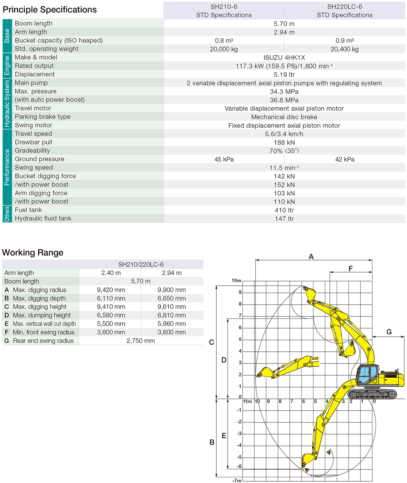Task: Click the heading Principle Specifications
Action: point(50,10)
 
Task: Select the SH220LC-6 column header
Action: point(345,7)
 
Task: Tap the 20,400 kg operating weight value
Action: point(345,49)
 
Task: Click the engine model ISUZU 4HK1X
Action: point(284,58)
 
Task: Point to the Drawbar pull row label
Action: point(34,142)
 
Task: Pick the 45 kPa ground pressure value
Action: point(224,159)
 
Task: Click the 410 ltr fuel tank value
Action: point(284,210)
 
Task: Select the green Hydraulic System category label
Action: point(7,104)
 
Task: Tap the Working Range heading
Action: point(33,253)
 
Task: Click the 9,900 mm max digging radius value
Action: point(172,290)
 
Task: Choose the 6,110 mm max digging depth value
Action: point(111,299)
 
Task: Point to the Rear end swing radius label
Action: point(43,341)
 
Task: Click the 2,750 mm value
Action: point(141,341)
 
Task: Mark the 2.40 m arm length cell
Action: point(111,273)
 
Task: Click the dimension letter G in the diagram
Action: point(389,332)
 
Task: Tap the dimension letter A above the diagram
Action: point(311,256)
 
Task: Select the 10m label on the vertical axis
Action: point(236,281)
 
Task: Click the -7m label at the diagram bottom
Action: point(237,481)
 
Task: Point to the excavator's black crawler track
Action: point(372,394)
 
